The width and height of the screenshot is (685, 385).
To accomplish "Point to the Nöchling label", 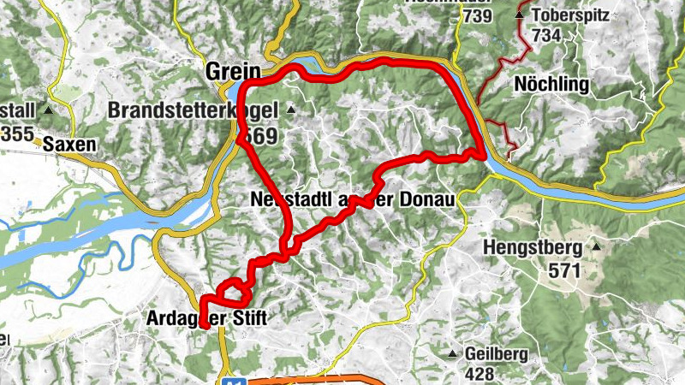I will (551, 84).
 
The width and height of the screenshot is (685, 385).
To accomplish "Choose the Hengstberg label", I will (533, 249).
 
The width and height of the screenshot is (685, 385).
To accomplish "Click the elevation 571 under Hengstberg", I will (565, 271).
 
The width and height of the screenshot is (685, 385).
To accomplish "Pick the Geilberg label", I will (496, 354).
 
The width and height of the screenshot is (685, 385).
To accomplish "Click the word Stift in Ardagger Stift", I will (246, 319).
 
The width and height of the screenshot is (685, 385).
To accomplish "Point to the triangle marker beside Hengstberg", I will (596, 247).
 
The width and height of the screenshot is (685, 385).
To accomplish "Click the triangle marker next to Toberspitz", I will (519, 15).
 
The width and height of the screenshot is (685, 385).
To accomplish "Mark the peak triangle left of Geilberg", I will (453, 353).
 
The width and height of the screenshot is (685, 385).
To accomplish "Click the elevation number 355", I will (18, 134).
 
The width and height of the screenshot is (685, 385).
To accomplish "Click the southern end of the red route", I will (204, 325).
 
